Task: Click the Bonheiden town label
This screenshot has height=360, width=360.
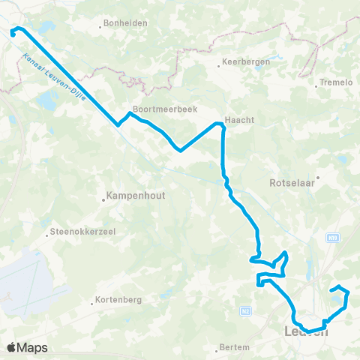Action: point(126,23)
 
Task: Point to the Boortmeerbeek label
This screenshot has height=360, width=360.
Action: point(164,109)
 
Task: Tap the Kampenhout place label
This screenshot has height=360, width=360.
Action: point(136,197)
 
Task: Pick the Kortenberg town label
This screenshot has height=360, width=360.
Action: point(119,302)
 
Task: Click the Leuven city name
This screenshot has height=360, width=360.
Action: point(307,331)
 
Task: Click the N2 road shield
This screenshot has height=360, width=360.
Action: point(244,309)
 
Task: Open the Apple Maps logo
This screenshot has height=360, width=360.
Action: point(27,347)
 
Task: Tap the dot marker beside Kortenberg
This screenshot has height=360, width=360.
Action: point(91,303)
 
